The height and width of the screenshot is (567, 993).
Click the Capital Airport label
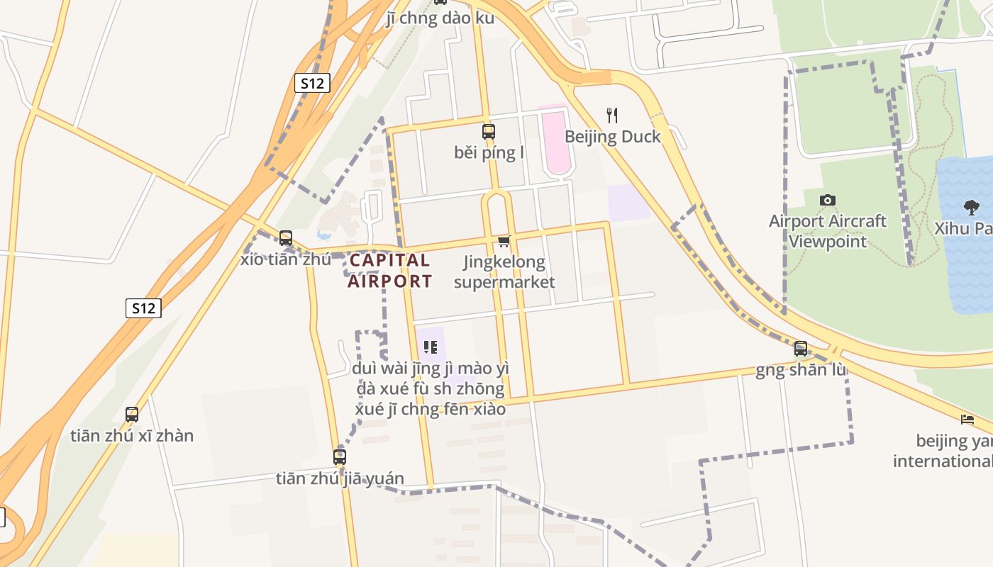pyautogui.click(x=389, y=271)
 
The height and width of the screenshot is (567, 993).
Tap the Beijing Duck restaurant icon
pyautogui.click(x=612, y=115)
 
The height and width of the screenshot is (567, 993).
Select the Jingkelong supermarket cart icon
pyautogui.click(x=504, y=242)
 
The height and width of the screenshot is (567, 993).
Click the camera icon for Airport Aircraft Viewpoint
pyautogui.click(x=827, y=201)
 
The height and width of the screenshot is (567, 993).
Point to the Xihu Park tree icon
pyautogui.click(x=971, y=208)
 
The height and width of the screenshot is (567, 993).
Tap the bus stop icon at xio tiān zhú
pyautogui.click(x=286, y=238)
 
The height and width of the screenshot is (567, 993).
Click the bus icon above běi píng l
pyautogui.click(x=488, y=131)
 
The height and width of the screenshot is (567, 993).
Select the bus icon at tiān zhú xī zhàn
pyautogui.click(x=132, y=415)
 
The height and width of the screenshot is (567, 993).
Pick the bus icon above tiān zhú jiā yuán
pyautogui.click(x=340, y=457)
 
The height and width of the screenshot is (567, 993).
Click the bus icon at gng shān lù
pyautogui.click(x=800, y=349)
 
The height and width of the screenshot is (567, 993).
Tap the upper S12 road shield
pyautogui.click(x=312, y=84)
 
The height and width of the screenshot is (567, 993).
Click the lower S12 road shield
pyautogui.click(x=143, y=308)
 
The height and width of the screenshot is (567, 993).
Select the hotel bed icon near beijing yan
pyautogui.click(x=967, y=420)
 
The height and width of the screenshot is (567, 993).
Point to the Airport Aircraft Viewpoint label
pyautogui.click(x=828, y=231)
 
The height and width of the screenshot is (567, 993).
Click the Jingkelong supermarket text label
pyautogui.click(x=504, y=272)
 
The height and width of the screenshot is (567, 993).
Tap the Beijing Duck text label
pyautogui.click(x=612, y=137)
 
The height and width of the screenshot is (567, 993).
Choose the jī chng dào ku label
pyautogui.click(x=440, y=18)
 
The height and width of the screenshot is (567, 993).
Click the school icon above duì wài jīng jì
pyautogui.click(x=430, y=347)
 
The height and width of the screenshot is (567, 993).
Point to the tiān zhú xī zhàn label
pyautogui.click(x=132, y=436)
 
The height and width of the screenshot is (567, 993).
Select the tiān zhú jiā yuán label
pyautogui.click(x=340, y=478)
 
